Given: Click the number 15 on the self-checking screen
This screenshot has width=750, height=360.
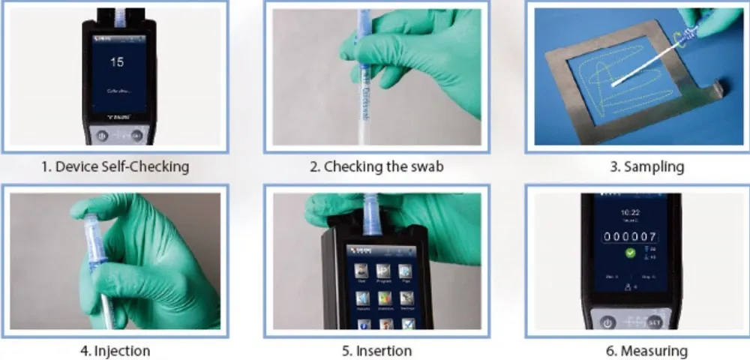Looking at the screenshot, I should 116,62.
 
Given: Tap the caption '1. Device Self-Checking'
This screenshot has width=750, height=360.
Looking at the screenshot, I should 115,166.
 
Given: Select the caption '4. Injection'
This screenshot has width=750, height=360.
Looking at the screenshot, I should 115,350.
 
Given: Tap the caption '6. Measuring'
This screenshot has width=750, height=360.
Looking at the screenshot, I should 646,350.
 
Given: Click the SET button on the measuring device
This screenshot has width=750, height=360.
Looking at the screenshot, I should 654,322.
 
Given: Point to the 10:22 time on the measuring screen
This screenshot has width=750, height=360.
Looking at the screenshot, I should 630,213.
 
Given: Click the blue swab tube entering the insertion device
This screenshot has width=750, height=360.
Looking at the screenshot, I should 370,214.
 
